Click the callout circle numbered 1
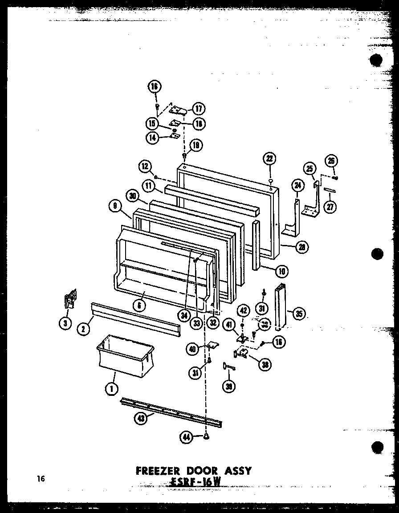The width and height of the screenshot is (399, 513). point(110,389)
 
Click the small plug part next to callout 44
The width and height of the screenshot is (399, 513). point(206,437)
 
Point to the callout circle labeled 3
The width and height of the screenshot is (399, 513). point(65,323)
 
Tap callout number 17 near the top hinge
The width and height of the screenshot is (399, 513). point(199,108)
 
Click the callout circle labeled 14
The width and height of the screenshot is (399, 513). point(153,138)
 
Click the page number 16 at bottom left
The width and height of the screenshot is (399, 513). point(41,479)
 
